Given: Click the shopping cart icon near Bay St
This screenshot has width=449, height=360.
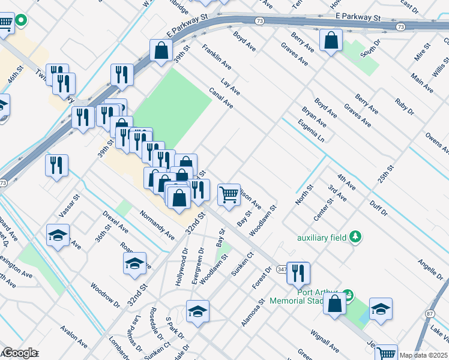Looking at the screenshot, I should [x=229, y=195].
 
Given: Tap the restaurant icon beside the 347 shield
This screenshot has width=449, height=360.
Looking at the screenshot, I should [x=298, y=274].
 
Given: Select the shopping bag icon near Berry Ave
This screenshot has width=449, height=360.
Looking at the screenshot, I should [x=331, y=41].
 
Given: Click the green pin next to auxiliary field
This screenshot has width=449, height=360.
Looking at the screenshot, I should [x=356, y=236].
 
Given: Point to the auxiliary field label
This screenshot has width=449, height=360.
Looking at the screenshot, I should [x=322, y=238].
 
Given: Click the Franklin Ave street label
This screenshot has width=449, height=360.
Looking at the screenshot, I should [x=216, y=55].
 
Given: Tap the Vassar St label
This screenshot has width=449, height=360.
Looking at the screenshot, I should [x=69, y=205].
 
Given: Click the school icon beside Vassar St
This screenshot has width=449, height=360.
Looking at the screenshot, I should [x=58, y=236].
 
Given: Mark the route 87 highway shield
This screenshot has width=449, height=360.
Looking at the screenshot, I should [x=430, y=313].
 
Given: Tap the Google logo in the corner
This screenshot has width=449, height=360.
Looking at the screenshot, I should [x=19, y=353].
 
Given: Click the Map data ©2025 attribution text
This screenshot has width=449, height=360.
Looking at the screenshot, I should [x=423, y=355].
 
